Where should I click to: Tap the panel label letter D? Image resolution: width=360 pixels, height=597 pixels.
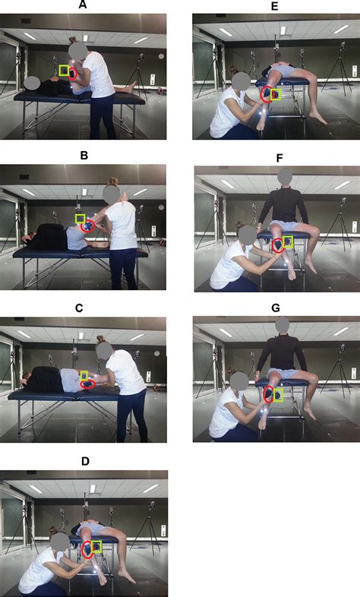pos(83,461)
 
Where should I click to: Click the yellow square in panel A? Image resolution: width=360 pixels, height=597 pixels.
pos(64,71)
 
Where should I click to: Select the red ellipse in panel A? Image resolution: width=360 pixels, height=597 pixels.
pos(73,74)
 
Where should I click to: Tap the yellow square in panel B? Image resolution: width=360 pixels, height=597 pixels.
pos(80,219)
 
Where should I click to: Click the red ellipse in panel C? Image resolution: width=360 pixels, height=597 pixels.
pos(89,384)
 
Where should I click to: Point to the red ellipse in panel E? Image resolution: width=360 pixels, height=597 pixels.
pos(266,95)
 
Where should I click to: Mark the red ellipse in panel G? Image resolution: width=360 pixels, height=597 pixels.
pos(268,394)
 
